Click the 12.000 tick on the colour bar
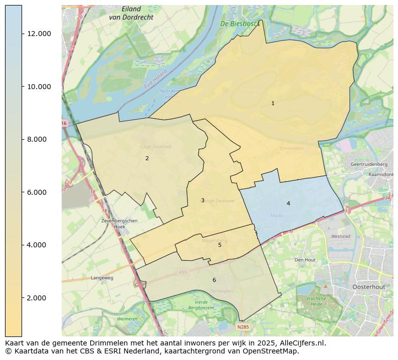39,34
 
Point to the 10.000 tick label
39,87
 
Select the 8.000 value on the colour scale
39,139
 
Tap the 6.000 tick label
39,192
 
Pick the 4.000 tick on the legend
39,245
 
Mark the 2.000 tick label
39,298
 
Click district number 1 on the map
273,103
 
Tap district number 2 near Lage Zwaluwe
147,158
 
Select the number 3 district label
203,200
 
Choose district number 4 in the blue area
288,203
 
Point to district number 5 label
220,245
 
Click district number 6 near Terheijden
214,280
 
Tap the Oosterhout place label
368,286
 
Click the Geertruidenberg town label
368,164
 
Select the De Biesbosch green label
240,24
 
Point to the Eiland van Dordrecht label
131,13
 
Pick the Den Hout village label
305,260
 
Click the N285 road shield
243,327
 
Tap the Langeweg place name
102,278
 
